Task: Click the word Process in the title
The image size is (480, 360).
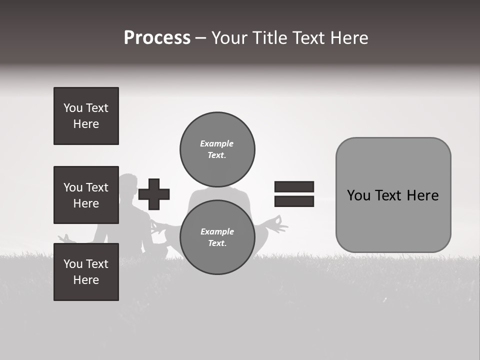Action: (157, 38)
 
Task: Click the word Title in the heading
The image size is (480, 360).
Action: (271, 38)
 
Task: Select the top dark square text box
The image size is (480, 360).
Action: (86, 116)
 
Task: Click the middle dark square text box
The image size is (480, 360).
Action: (86, 195)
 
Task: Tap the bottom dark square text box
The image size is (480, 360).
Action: (86, 272)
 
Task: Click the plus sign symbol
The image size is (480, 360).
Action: (154, 194)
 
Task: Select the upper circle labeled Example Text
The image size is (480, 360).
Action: (217, 149)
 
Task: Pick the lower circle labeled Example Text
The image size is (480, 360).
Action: (217, 237)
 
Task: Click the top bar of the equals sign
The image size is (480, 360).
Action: (294, 187)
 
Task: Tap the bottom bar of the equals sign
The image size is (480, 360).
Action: (294, 201)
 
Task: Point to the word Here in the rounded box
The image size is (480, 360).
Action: (422, 195)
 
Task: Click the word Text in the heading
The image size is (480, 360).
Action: (310, 38)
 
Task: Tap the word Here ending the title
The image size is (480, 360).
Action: (348, 38)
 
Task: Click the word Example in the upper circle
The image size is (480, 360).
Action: (217, 143)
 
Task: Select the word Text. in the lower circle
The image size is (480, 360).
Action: (217, 243)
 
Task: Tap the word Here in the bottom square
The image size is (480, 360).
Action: (86, 280)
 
